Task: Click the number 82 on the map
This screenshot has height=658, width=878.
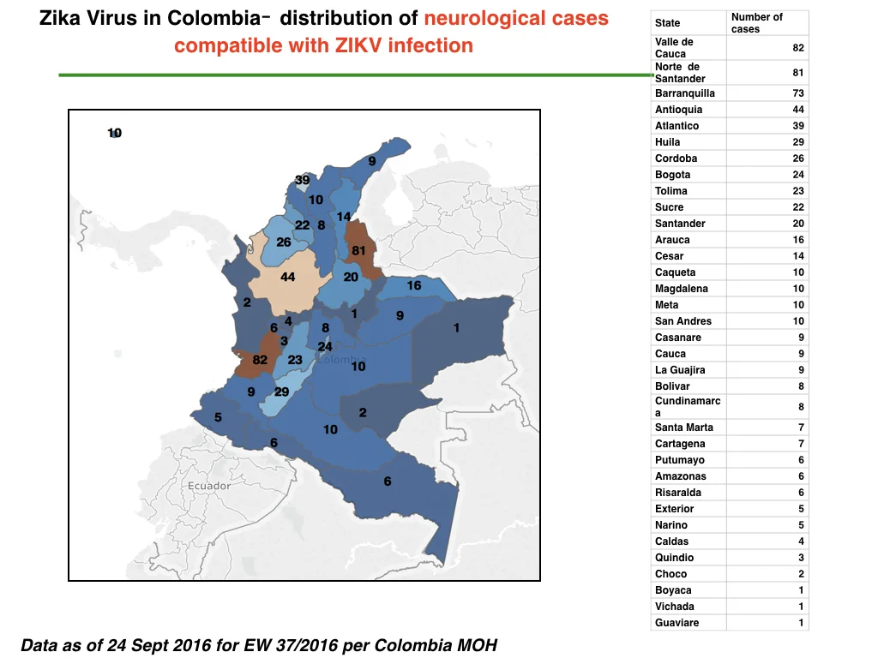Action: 260,360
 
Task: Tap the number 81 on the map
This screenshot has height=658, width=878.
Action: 358,250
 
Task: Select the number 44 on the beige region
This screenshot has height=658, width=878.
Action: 288,277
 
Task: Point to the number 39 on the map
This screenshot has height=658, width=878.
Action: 303,180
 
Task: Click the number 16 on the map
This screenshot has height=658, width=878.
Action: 414,285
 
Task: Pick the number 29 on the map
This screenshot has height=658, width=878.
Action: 281,392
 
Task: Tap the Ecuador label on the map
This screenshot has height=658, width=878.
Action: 209,486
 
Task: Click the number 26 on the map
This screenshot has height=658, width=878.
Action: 283,242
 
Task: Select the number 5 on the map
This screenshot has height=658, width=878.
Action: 218,417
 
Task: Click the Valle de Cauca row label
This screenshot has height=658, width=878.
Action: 674,48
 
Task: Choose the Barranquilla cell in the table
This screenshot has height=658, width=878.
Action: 685,93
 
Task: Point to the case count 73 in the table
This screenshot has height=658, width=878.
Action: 798,93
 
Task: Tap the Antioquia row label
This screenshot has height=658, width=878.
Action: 679,110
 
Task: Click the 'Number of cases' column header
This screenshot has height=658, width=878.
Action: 756,23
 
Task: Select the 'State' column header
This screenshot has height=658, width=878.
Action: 667,23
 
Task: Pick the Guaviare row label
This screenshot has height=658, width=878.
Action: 677,623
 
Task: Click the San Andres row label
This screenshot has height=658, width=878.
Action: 683,321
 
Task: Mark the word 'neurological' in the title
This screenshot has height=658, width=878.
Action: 478,19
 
